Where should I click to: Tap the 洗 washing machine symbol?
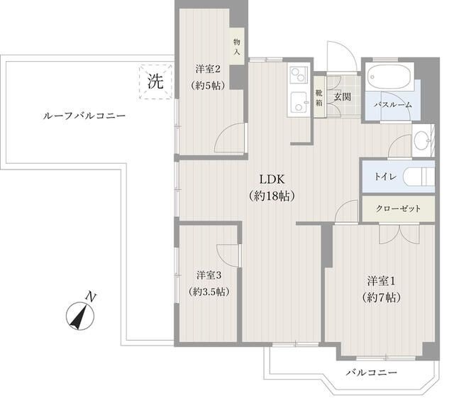[155, 81]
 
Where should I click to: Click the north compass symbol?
[80, 312]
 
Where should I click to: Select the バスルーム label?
[393, 104]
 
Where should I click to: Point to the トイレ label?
[376, 177]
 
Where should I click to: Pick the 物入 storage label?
[236, 48]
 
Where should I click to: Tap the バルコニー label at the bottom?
[371, 372]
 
